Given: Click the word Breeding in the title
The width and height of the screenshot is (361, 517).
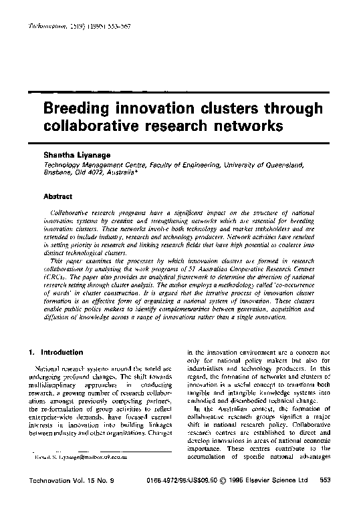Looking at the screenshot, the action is click(76, 109).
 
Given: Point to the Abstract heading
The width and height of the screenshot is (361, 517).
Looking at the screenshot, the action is click(57, 196).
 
